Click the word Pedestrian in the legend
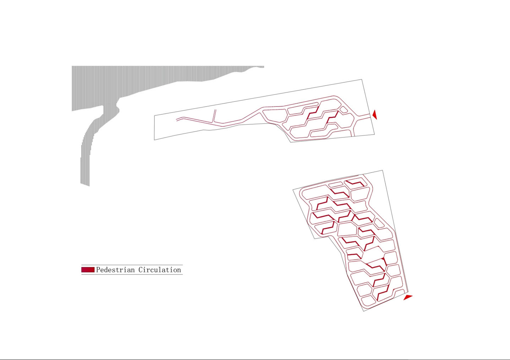(115, 270)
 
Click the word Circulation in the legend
(159, 270)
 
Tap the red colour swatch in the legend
(88, 270)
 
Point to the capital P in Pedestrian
(98, 270)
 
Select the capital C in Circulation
(141, 270)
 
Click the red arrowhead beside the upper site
(375, 114)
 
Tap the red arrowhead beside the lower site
(408, 297)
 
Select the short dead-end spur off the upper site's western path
(214, 117)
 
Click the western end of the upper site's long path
(177, 120)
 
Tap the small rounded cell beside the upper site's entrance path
(343, 110)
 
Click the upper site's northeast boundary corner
(362, 80)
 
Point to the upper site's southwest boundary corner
(154, 140)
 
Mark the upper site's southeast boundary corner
(375, 134)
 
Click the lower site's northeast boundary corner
(382, 170)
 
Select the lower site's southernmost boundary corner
(364, 311)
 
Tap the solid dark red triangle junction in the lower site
(384, 260)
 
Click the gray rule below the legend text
(132, 274)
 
